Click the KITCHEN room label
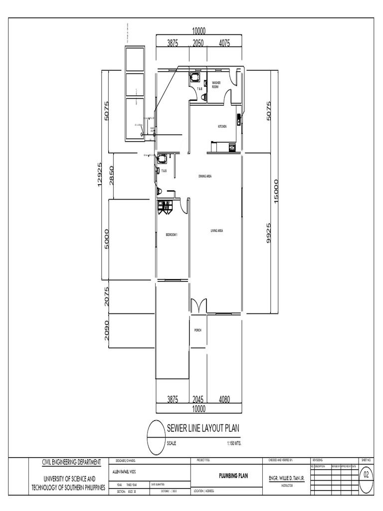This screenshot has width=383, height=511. [x=222, y=127]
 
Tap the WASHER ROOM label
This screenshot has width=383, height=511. [x=216, y=85]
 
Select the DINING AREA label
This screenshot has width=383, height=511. [x=205, y=176]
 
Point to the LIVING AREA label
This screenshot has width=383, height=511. [x=216, y=231]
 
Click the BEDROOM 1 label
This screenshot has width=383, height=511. [x=172, y=234]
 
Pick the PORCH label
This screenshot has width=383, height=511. [x=198, y=330]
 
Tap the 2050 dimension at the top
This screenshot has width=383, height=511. [x=199, y=43]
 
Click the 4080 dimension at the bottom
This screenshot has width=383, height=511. [x=224, y=399]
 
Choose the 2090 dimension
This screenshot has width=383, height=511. [x=107, y=330]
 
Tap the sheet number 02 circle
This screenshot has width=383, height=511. [x=367, y=475]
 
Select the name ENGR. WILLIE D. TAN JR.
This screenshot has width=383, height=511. [x=287, y=478]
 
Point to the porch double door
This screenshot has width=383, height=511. [x=199, y=305]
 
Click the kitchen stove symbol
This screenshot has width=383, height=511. [x=232, y=147]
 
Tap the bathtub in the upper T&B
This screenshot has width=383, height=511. [x=194, y=78]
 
